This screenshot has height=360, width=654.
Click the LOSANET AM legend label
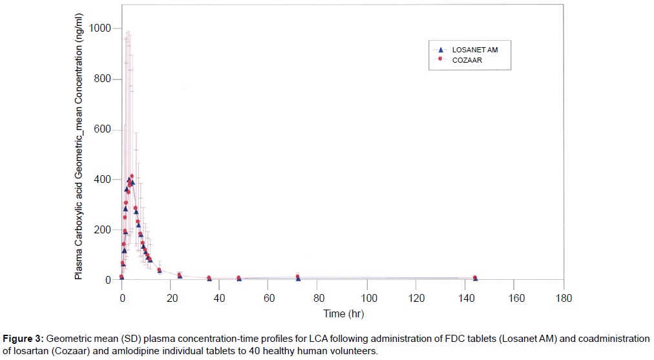pyautogui.click(x=474, y=49)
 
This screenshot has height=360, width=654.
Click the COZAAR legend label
pyautogui.click(x=467, y=59)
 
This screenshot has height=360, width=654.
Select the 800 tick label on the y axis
pyautogui.click(x=103, y=79)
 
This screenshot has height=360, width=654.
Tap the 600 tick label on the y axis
pyautogui.click(x=103, y=129)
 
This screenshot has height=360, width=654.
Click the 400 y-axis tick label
pyautogui.click(x=103, y=180)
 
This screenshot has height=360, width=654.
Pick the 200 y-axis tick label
pyautogui.click(x=103, y=230)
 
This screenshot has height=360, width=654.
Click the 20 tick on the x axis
pyautogui.click(x=171, y=298)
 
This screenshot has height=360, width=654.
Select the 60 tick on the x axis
pyautogui.click(x=269, y=298)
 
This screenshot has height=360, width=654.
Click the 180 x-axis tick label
pyautogui.click(x=564, y=298)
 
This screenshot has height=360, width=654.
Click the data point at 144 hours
pyautogui.click(x=475, y=278)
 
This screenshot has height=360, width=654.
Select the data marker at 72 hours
pyautogui.click(x=298, y=277)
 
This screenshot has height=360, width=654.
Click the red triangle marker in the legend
pyautogui.click(x=439, y=49)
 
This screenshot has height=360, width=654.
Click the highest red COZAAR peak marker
pyautogui.click(x=132, y=176)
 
